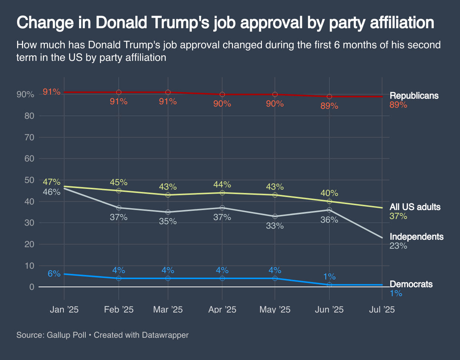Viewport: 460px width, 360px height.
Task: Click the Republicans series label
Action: click(414, 96)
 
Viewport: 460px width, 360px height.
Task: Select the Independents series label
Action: click(416, 237)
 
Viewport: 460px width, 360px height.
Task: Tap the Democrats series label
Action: click(411, 284)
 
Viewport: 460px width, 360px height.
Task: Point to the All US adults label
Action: click(415, 207)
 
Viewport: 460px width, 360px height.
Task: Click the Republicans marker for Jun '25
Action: click(329, 96)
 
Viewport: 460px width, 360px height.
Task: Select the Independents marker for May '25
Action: click(275, 216)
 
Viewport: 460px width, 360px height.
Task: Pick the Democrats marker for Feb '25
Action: click(119, 278)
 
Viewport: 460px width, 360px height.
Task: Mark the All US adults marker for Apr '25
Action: click(222, 193)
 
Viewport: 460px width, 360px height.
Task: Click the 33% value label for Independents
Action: click(275, 226)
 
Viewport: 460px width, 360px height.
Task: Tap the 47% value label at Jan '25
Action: click(52, 182)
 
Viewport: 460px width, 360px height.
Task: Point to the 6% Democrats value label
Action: click(54, 274)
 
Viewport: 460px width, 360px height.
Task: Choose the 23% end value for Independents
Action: click(398, 246)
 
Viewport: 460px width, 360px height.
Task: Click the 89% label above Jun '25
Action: click(329, 106)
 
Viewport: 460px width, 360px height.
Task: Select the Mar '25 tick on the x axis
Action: click(168, 310)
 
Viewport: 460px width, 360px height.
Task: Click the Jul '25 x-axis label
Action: click(382, 310)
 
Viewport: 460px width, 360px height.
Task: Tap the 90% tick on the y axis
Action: click(26, 95)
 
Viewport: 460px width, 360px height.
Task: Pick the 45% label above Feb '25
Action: click(119, 182)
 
